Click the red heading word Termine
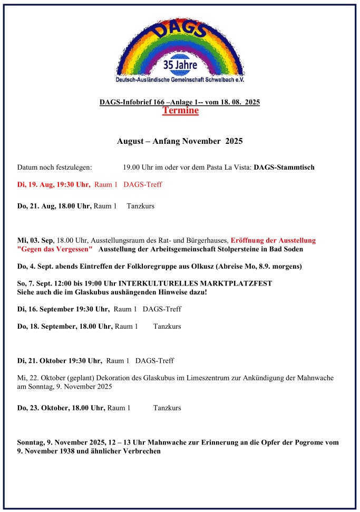[180, 111]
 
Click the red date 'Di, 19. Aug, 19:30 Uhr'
[54, 184]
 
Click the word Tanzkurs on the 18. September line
[167, 327]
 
